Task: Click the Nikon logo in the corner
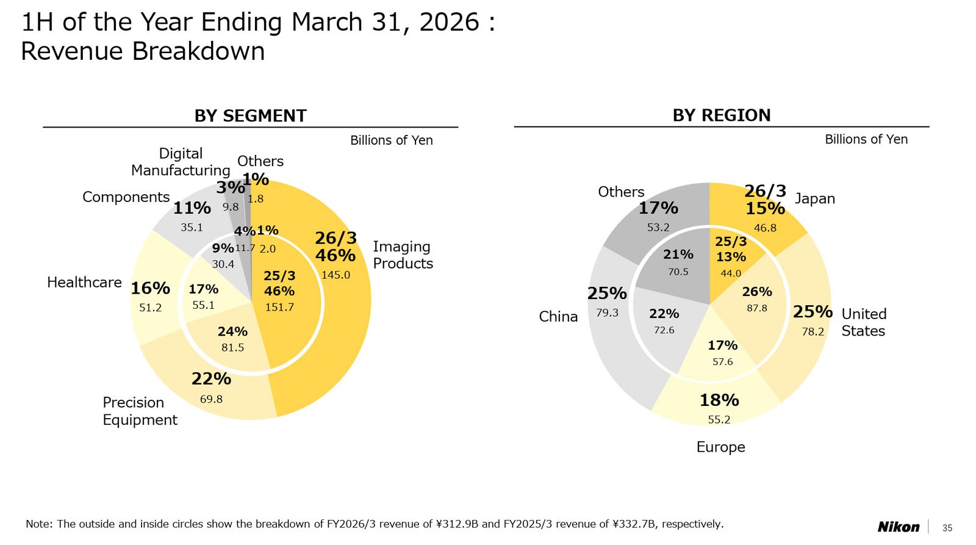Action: coord(898,527)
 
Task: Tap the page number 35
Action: coord(947,528)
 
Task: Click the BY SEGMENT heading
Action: coord(250,115)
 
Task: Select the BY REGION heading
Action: coord(721,115)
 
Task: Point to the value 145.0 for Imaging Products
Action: coord(335,275)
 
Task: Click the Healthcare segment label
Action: coord(84,282)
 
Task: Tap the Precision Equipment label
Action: coord(140,411)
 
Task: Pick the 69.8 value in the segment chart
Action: coord(211,399)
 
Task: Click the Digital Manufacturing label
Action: coord(181,162)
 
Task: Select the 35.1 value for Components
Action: coord(192,227)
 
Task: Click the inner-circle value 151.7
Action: coord(279,307)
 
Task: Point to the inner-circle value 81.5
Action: coord(232,347)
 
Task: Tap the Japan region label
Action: coord(814,198)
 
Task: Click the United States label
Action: coord(863,322)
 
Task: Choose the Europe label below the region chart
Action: coord(720,447)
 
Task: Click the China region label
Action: coord(558,316)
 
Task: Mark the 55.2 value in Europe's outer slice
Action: coord(719,419)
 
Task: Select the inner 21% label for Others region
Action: coord(678,254)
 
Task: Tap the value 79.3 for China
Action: coord(607,312)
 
